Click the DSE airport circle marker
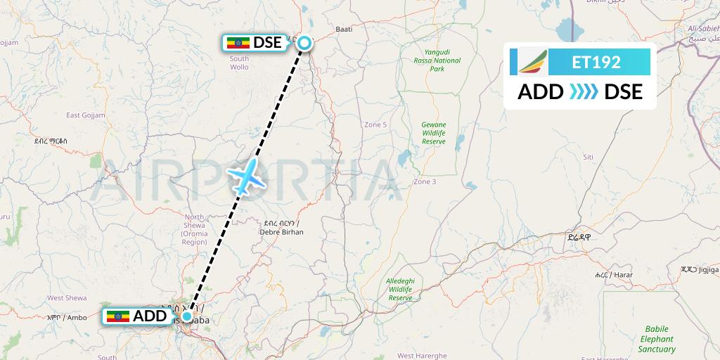point(304,44)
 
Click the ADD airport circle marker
point(187,316)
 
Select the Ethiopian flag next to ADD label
point(118,316)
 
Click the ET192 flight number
point(596,62)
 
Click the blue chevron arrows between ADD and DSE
point(584,91)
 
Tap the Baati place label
point(344,30)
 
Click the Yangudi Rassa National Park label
point(437,61)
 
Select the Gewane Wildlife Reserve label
point(434,132)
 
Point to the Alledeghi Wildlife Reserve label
point(400,289)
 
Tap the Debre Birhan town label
point(281,226)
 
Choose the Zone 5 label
point(375,124)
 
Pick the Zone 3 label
point(425,182)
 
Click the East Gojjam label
point(85,115)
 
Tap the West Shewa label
point(67,298)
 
